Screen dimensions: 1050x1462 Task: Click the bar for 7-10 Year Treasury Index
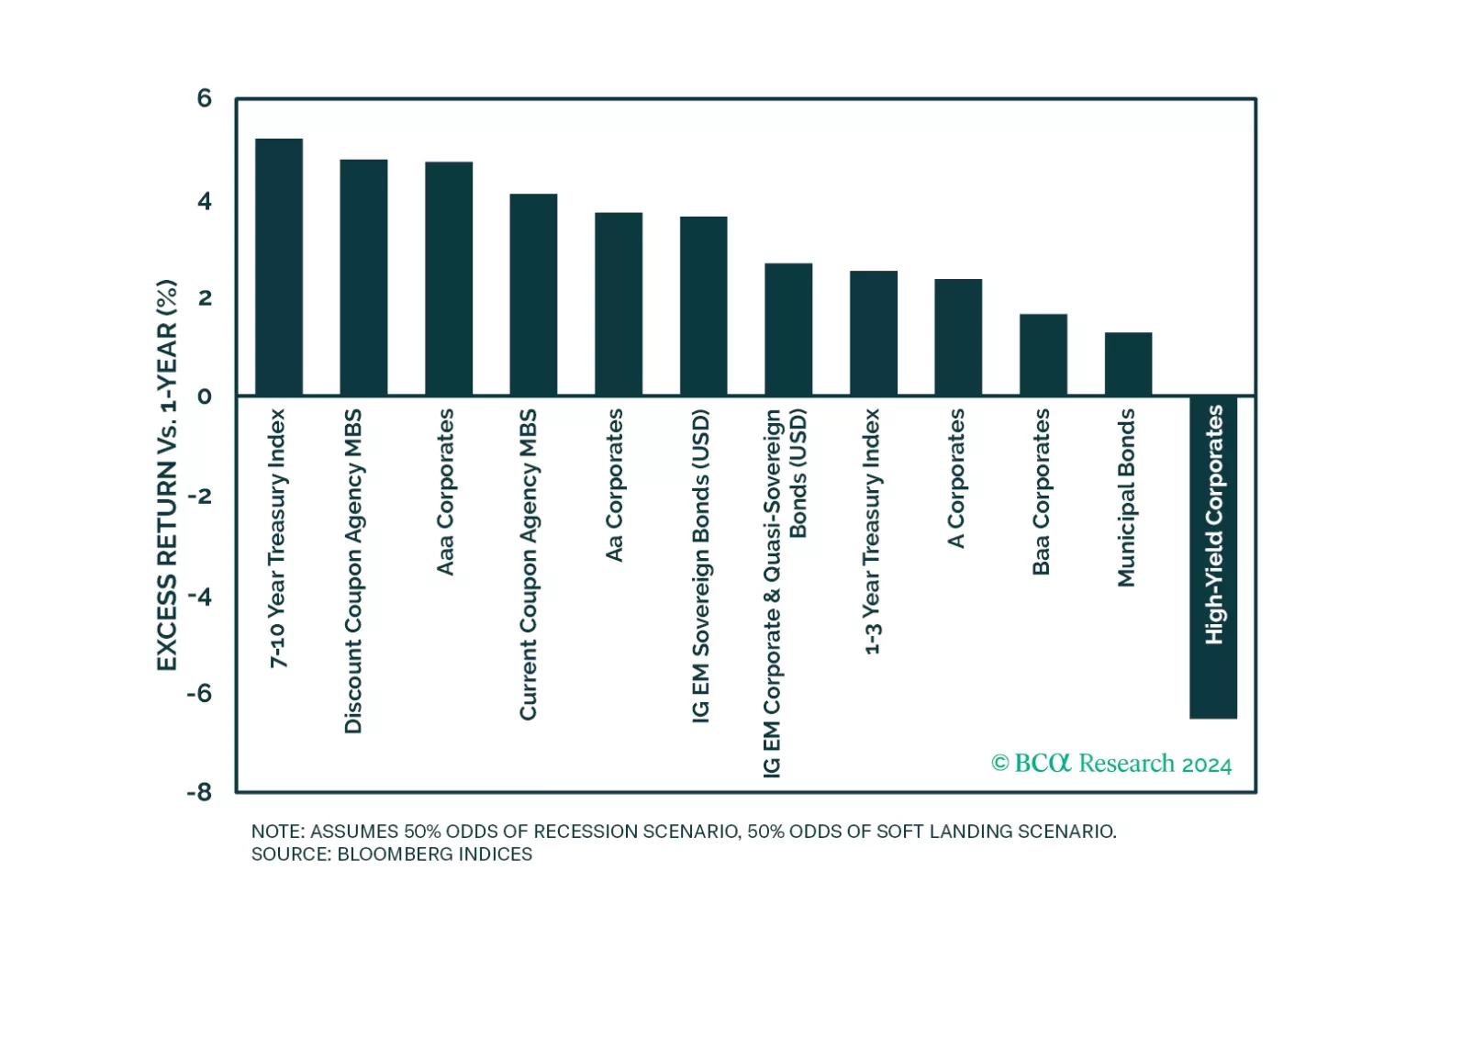[279, 267]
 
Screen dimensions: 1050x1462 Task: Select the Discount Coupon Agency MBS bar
[363, 278]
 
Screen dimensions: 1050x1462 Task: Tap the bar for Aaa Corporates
[449, 279]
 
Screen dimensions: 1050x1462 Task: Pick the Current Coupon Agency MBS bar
[533, 295]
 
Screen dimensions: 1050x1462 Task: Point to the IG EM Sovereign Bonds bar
[703, 307]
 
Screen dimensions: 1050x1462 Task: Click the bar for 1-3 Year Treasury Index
[873, 333]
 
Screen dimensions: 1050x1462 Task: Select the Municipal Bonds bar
[1128, 364]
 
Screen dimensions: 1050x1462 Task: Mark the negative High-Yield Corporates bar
[1213, 557]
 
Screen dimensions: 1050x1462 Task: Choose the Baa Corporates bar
[1043, 355]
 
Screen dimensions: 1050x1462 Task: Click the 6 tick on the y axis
[204, 98]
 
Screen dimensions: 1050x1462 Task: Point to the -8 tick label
[199, 791]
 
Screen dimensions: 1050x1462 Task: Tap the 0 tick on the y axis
[204, 397]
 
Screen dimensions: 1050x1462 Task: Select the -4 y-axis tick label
[199, 596]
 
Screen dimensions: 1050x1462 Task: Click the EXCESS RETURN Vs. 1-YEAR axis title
[166, 475]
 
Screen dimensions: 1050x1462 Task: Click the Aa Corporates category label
[614, 485]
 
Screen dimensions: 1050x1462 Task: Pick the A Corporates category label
[955, 478]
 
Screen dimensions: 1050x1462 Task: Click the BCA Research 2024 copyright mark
[1111, 764]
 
